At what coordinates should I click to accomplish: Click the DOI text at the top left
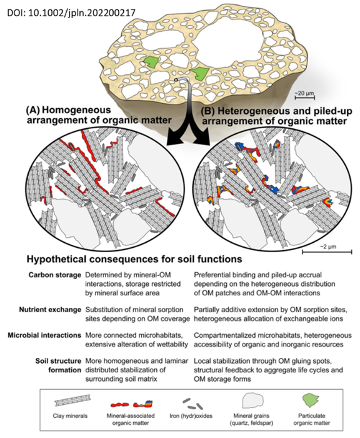click(x=71, y=13)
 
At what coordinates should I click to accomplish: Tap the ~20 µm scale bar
click(x=305, y=97)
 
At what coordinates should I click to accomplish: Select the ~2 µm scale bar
click(x=327, y=252)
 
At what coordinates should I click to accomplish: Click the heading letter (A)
click(x=32, y=110)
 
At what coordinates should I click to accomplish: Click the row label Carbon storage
click(x=55, y=275)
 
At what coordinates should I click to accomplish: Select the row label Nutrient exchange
click(x=50, y=310)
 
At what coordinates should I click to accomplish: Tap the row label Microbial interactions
click(x=44, y=335)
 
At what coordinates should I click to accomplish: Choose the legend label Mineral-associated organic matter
click(x=131, y=419)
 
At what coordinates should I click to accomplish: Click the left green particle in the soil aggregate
click(x=151, y=62)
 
